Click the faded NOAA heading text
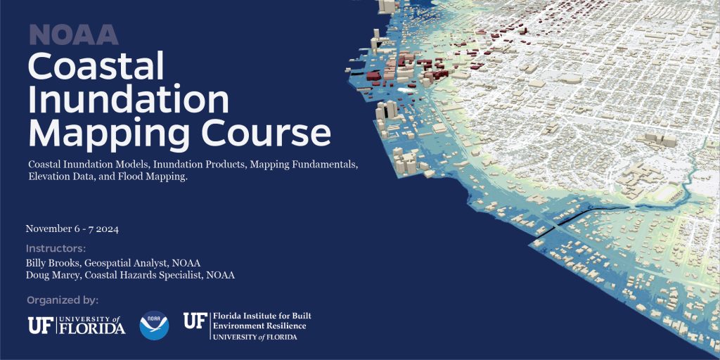click(74, 34)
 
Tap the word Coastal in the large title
click(96, 66)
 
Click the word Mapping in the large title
click(109, 134)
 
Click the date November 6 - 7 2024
click(72, 229)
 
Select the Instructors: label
click(56, 249)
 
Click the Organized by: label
click(63, 301)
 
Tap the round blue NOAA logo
click(154, 325)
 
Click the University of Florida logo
click(77, 325)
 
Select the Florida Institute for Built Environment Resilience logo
click(247, 326)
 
